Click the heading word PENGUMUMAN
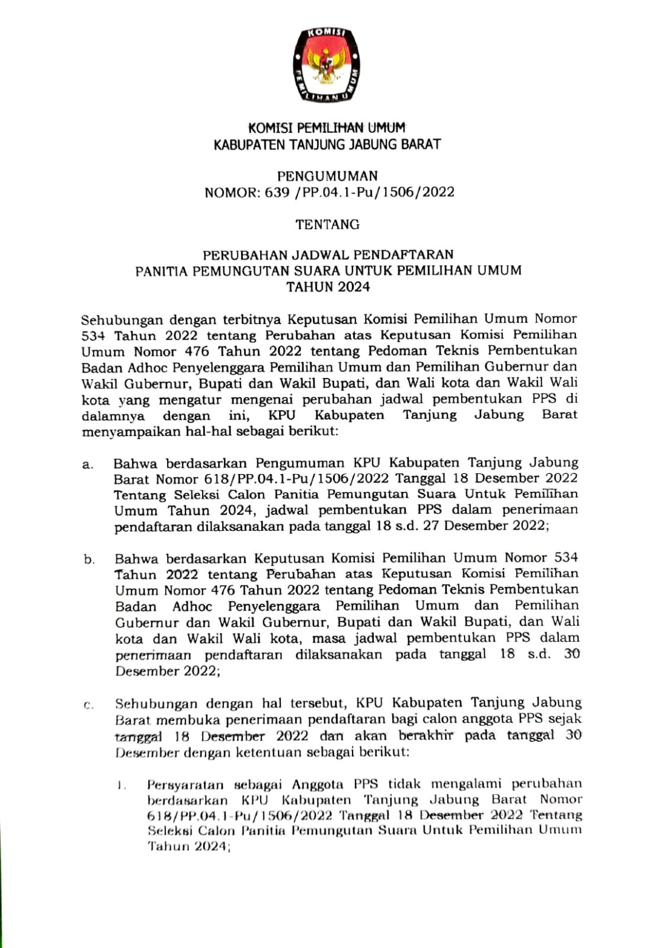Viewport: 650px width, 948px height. pos(328,176)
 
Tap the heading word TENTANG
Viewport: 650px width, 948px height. pos(328,225)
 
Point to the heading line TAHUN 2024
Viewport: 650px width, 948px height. pos(328,287)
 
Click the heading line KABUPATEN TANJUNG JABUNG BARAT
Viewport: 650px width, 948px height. pos(328,144)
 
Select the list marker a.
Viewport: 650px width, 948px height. pos(88,465)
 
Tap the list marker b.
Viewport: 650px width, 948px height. pos(89,559)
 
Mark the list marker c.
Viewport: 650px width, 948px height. pos(89,705)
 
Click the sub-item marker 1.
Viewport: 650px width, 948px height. pos(121,786)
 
